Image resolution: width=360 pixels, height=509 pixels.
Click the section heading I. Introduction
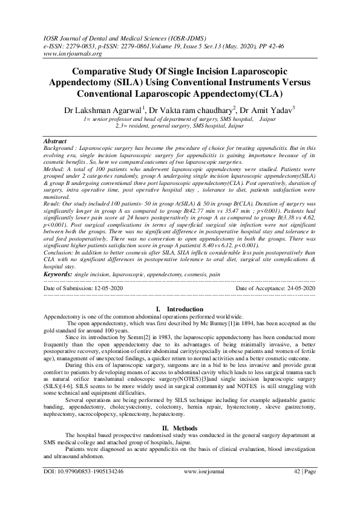[x=180, y=310]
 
